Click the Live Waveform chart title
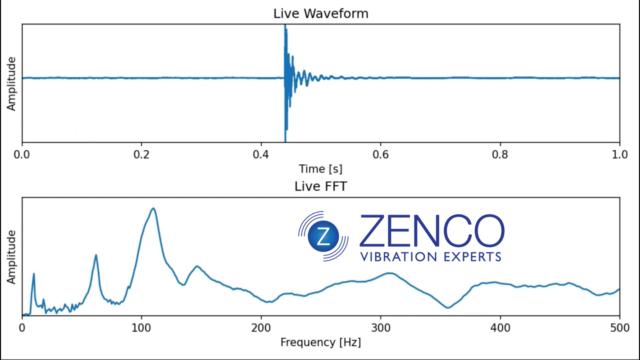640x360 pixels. (320, 13)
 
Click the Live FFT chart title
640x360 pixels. (320, 186)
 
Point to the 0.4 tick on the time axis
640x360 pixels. (260, 154)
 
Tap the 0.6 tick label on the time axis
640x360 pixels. (380, 154)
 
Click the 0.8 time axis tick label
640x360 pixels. (500, 154)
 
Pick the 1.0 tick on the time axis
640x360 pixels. (619, 154)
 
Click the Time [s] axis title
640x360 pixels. (320, 168)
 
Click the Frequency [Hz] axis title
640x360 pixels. (320, 342)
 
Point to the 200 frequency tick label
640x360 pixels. (261, 327)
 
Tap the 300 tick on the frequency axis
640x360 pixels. (380, 327)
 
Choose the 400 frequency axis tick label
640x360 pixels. (500, 327)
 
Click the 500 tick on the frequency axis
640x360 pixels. (619, 327)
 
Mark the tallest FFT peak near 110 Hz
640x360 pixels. (153, 208)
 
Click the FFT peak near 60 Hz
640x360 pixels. (96, 255)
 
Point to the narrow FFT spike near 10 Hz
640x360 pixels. (33, 273)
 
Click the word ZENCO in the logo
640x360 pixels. (431, 231)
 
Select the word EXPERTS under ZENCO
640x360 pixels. (472, 257)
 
